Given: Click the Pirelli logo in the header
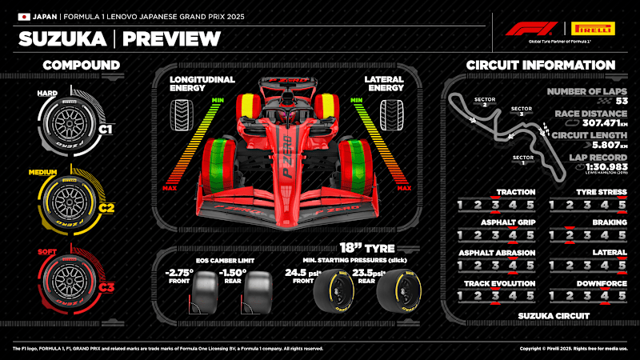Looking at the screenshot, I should tap(593, 28).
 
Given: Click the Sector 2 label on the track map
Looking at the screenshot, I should tap(481, 102).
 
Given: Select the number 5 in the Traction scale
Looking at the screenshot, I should tap(530, 205).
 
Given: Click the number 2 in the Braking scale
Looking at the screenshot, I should tap(569, 235).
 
